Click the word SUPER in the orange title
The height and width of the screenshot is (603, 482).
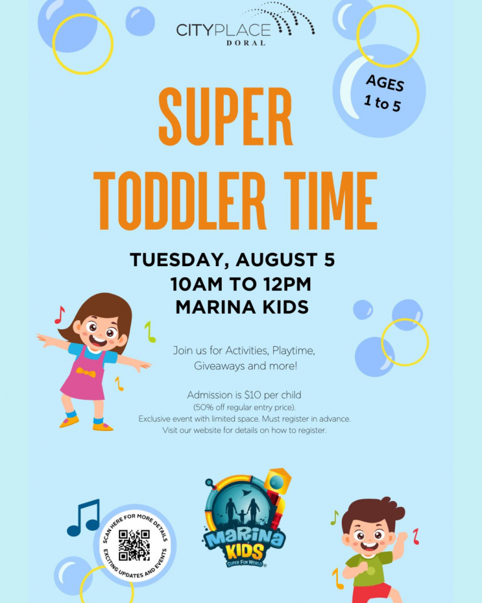tap(225, 117)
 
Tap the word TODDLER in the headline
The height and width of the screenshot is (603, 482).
tap(180, 200)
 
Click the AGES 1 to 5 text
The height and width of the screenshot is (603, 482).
tap(384, 94)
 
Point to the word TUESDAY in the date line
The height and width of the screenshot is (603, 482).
tap(177, 260)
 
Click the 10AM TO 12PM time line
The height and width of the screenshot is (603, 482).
tap(241, 284)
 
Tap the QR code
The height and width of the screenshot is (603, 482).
tap(134, 545)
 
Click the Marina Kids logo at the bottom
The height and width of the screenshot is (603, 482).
tap(246, 518)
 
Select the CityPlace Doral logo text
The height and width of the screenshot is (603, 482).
tap(224, 34)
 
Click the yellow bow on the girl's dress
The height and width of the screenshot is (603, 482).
tap(86, 372)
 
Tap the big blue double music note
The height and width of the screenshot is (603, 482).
tap(84, 518)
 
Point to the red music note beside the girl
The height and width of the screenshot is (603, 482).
tap(59, 314)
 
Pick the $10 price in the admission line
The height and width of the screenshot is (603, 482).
tap(252, 395)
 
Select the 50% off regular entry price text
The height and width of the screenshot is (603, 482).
tap(244, 407)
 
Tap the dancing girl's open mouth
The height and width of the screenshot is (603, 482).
tap(99, 341)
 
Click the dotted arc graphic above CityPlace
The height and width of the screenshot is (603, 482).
tap(280, 17)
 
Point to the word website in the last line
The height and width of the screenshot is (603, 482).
tap(208, 430)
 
